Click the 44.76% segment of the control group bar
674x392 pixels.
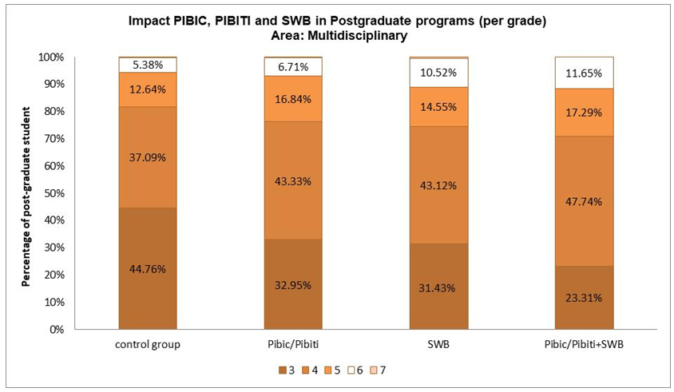pyautogui.click(x=147, y=268)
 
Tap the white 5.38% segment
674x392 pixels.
pyautogui.click(x=147, y=65)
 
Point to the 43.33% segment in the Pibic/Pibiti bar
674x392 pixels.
pyautogui.click(x=293, y=180)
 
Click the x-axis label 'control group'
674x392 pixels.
pyautogui.click(x=147, y=346)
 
